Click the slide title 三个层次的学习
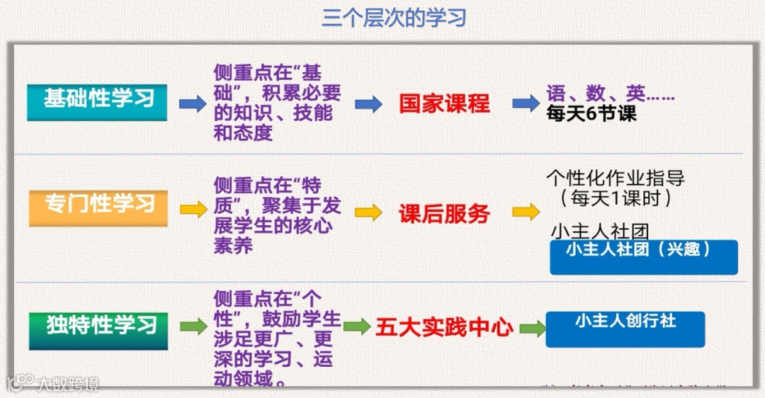(x=394, y=18)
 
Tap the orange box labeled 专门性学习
(x=98, y=207)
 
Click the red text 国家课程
(x=444, y=103)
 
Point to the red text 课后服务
(x=444, y=213)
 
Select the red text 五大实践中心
(x=444, y=327)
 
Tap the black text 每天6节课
(x=591, y=114)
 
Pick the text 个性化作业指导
(x=616, y=177)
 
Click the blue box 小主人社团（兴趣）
(x=643, y=256)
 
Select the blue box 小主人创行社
(x=625, y=329)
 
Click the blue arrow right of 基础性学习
(x=192, y=104)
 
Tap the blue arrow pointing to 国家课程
(x=368, y=104)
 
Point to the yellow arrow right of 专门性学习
(x=193, y=210)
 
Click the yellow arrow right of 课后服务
(x=526, y=212)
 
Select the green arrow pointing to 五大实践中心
(x=357, y=326)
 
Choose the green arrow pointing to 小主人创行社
(x=532, y=329)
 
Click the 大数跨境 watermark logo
(x=53, y=383)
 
